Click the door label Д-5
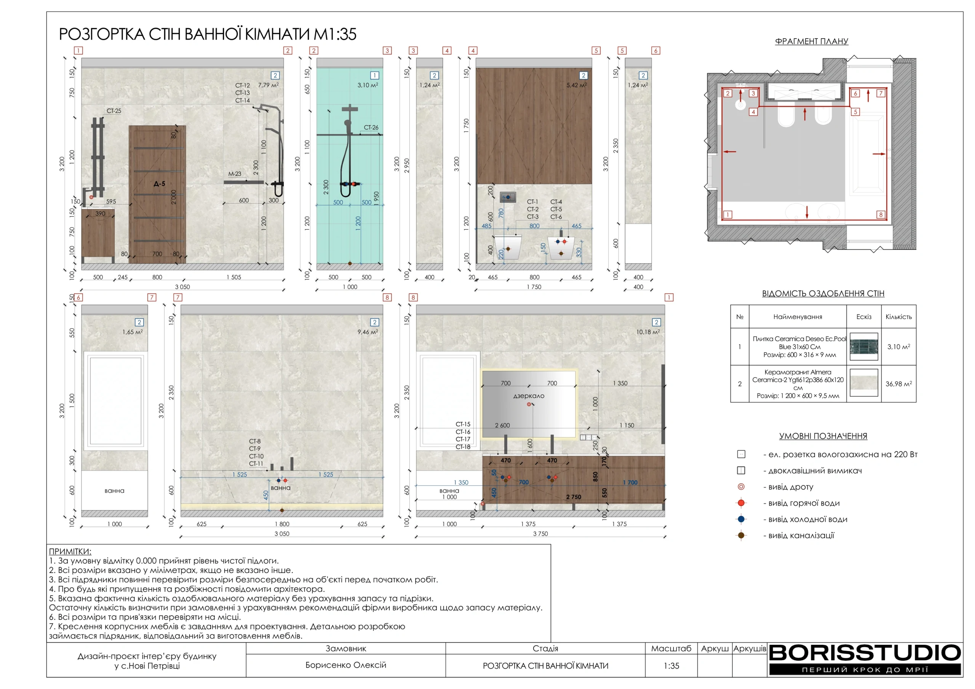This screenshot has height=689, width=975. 159,184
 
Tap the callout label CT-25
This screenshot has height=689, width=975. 114,111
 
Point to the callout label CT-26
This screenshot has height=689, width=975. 371,128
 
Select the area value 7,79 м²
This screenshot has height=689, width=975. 268,85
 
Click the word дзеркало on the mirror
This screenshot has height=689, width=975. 529,396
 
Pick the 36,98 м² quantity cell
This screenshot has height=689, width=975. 898,384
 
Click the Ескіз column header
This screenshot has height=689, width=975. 864,317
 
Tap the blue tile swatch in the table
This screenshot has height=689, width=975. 864,347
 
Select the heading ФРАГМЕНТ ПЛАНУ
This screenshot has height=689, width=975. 812,41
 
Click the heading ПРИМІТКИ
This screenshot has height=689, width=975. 70,552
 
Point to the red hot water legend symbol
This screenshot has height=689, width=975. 741,503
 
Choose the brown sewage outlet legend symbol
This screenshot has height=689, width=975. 741,535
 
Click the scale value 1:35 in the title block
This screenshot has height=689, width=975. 671,666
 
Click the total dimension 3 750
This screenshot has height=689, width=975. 540,534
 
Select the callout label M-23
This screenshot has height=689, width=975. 234,174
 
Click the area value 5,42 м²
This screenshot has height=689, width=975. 576,85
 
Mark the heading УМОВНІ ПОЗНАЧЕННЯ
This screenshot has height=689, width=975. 823,436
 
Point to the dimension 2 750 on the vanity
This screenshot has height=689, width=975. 573,497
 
